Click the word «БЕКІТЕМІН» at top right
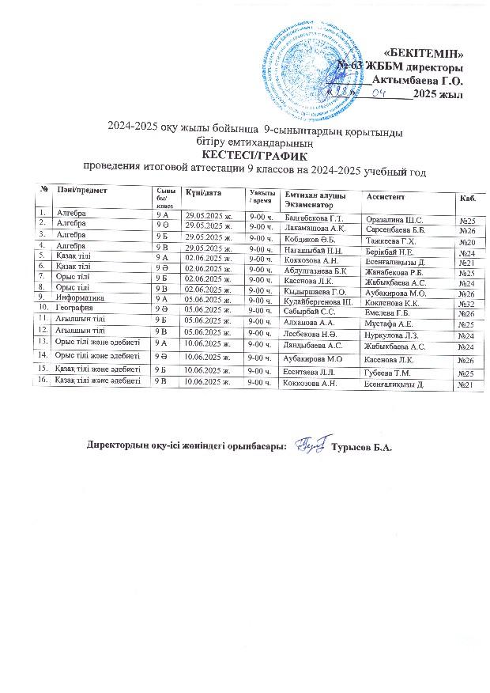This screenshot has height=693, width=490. [x=428, y=52]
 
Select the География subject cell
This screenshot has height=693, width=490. [x=76, y=307]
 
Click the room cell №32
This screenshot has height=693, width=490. [x=465, y=304]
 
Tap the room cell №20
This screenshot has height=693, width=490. [x=465, y=241]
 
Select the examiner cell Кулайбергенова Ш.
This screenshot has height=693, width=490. [x=316, y=301]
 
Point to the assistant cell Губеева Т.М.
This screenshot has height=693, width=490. [x=385, y=373]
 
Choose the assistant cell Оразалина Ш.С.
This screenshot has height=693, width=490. [x=390, y=218]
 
